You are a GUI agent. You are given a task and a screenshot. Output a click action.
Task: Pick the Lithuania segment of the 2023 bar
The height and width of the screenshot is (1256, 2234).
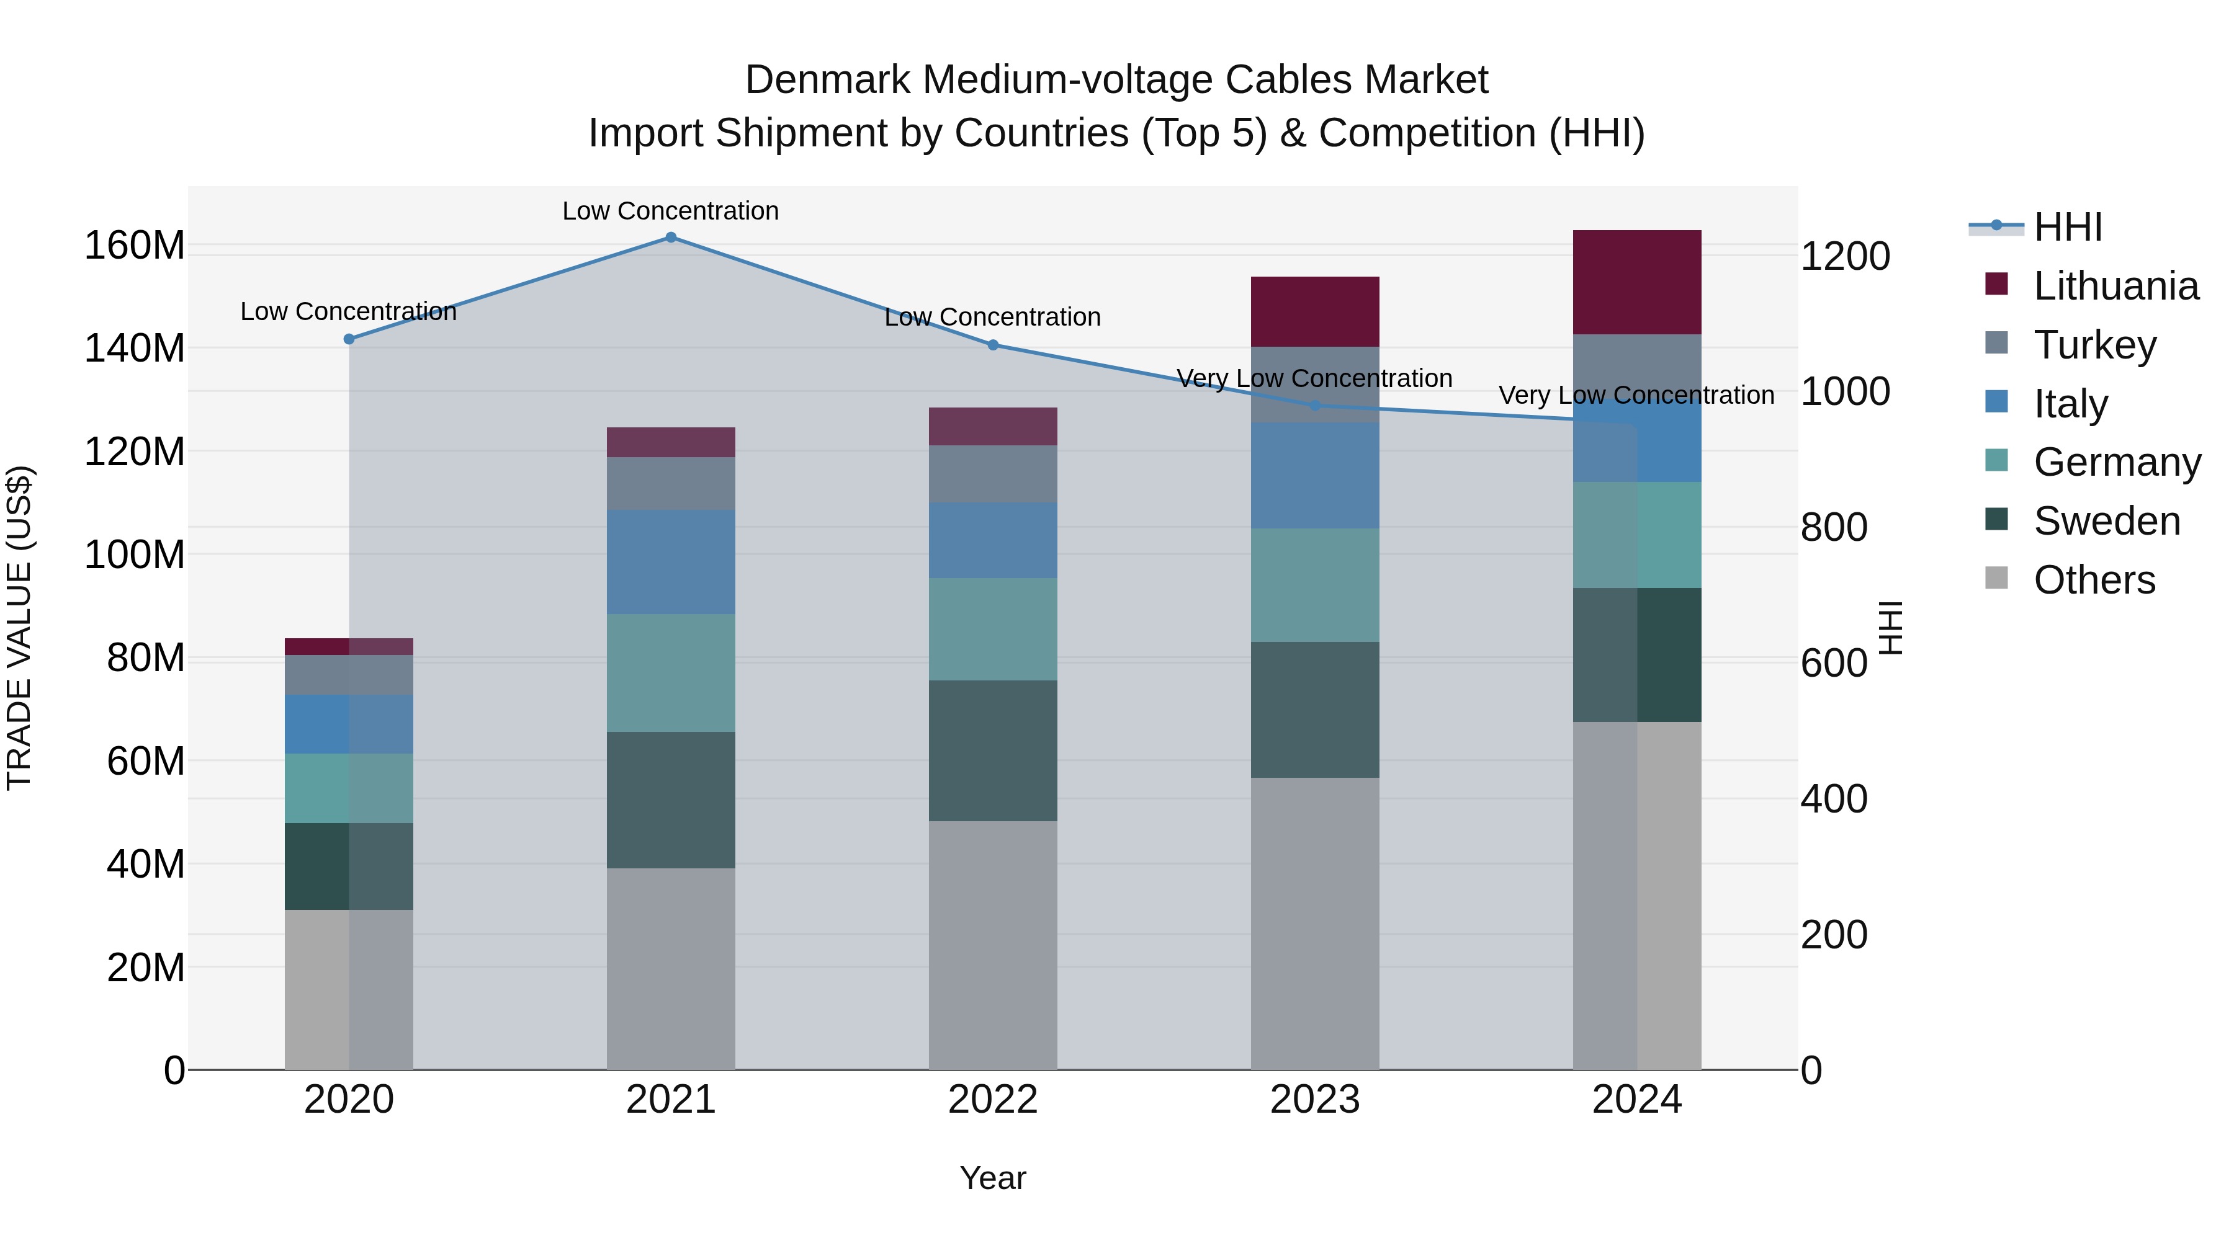coord(1315,312)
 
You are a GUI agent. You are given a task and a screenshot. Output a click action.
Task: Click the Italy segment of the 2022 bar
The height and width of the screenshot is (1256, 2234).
coord(993,540)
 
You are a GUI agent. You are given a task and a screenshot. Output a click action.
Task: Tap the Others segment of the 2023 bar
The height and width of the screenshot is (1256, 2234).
coord(1315,923)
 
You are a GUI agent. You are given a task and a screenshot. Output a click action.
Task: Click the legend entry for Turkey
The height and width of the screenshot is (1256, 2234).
coord(2094,345)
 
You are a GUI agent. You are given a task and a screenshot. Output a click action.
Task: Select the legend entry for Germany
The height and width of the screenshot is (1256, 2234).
coord(2116,462)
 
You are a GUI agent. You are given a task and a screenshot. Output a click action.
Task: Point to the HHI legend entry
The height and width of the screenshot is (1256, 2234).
coord(2068,227)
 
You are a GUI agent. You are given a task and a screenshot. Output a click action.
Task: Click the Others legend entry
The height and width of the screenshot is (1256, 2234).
coord(2094,580)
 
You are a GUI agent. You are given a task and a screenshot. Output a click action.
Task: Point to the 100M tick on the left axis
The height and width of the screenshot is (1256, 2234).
coord(135,555)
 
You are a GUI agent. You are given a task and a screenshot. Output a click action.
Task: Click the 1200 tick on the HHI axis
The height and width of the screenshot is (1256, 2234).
coord(1846,257)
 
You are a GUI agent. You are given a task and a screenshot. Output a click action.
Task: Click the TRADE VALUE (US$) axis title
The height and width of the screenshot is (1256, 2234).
coord(19,628)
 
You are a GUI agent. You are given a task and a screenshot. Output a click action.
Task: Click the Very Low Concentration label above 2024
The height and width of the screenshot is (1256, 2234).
coord(1636,395)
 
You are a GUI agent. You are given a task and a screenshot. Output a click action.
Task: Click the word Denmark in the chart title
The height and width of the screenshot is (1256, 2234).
coord(828,80)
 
